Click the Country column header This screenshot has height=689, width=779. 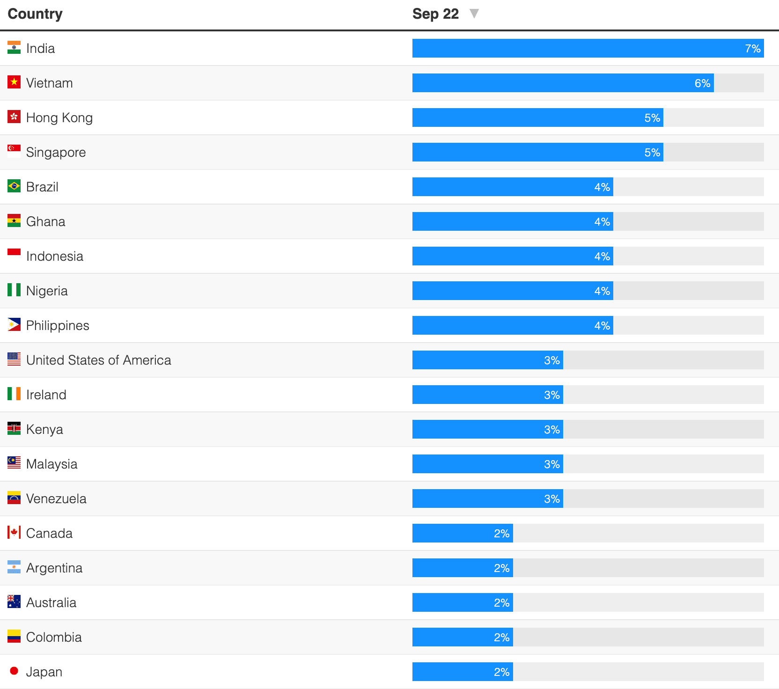(x=35, y=14)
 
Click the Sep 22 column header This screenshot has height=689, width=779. (x=435, y=14)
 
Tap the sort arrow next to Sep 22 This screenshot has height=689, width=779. (x=474, y=14)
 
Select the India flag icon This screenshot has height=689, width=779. (x=14, y=48)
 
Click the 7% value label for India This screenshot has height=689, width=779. (x=752, y=49)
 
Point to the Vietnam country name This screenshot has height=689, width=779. (x=50, y=83)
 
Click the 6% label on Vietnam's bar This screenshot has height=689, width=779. (x=702, y=83)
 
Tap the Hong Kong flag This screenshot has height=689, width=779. (x=14, y=117)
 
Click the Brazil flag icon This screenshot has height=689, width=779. (x=14, y=186)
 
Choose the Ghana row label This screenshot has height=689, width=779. (x=46, y=222)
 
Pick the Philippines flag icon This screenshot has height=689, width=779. (x=14, y=325)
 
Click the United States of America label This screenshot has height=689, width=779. (x=99, y=360)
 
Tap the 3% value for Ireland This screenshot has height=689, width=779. (x=552, y=395)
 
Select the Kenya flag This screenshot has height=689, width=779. (x=14, y=429)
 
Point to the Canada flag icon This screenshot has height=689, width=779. (x=14, y=533)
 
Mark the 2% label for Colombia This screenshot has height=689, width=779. (x=501, y=638)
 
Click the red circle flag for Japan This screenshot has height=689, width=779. (x=14, y=671)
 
